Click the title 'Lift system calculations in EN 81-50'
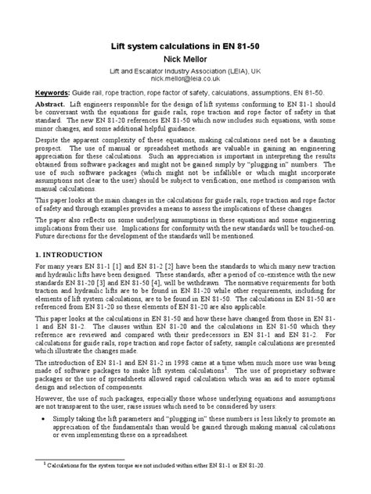[185, 45]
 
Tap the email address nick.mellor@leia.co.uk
[185, 78]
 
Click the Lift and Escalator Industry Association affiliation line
[185, 70]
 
